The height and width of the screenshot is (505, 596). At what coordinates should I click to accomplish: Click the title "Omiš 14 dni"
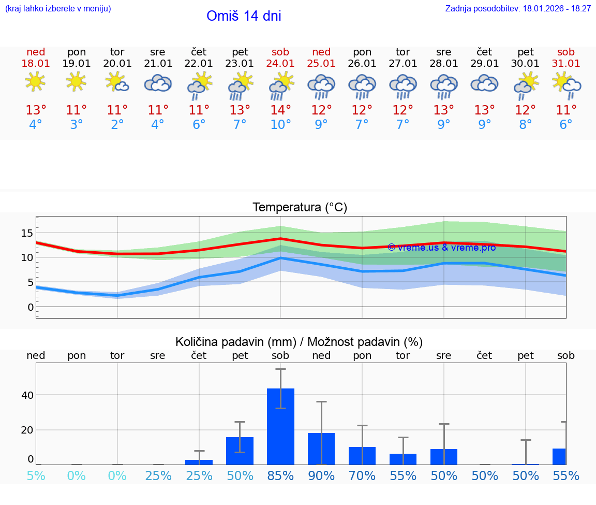tap(244, 16)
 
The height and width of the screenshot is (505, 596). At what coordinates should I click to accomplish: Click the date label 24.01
tap(280, 64)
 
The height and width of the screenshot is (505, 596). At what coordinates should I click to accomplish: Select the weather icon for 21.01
tap(158, 83)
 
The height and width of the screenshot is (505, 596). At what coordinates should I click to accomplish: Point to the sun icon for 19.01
tap(76, 82)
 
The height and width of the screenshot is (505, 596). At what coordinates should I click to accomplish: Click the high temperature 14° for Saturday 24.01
tap(280, 110)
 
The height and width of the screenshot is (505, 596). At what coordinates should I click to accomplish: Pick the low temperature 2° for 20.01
tap(117, 125)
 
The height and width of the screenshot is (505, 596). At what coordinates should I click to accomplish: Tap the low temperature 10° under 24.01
tap(280, 125)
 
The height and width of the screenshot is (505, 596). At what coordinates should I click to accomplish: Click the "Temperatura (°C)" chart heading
tap(300, 208)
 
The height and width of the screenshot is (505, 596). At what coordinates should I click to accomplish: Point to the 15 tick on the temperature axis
tap(27, 233)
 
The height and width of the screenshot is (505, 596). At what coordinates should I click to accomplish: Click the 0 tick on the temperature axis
tap(31, 307)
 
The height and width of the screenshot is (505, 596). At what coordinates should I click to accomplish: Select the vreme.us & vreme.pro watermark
tap(441, 248)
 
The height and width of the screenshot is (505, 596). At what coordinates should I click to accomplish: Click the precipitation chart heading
tap(299, 342)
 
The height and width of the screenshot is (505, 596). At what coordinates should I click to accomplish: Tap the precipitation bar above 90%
tap(321, 449)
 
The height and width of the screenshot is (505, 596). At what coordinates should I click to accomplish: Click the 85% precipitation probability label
tap(280, 475)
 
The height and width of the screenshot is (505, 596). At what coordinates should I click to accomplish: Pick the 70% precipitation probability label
tap(362, 475)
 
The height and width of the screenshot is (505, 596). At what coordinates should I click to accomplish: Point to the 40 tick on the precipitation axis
tap(27, 395)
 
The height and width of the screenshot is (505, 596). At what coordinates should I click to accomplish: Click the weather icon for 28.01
tap(443, 86)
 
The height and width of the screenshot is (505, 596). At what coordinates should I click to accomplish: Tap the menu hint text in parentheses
tap(58, 8)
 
